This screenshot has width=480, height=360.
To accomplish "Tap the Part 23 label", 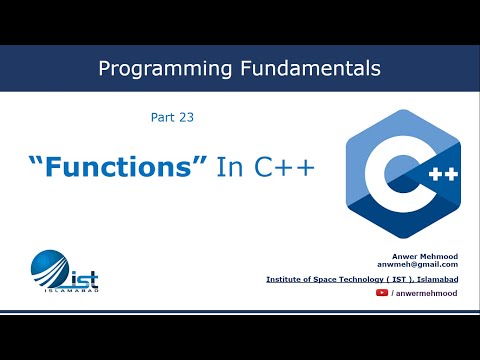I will (x=164, y=117).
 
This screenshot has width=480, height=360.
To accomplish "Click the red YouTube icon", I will (x=382, y=294).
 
